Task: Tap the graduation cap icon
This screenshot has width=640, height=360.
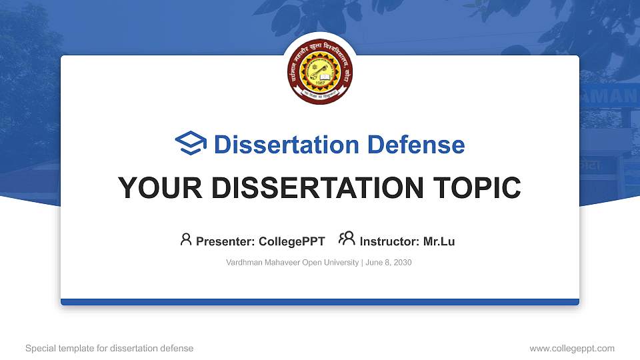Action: click(191, 144)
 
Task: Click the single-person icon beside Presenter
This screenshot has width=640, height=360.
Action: click(186, 239)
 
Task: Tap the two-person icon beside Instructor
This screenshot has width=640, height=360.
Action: click(347, 239)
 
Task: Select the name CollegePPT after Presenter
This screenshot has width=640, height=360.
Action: click(291, 241)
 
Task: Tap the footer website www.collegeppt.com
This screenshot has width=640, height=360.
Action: click(571, 348)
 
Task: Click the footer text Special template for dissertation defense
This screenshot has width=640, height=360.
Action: click(109, 348)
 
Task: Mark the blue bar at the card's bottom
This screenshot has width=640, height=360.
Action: click(320, 302)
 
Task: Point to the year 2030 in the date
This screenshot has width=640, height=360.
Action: click(402, 263)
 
